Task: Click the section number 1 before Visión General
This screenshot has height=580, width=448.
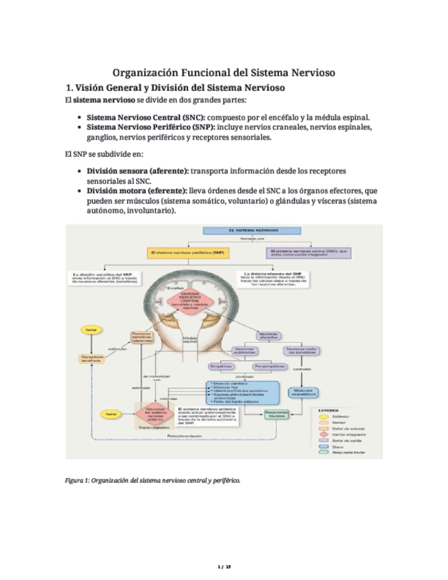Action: pyautogui.click(x=67, y=88)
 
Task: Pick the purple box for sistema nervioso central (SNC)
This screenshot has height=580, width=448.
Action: pyautogui.click(x=310, y=252)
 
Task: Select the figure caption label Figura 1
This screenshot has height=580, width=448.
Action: pyautogui.click(x=76, y=479)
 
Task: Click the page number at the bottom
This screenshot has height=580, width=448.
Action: pyautogui.click(x=224, y=567)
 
